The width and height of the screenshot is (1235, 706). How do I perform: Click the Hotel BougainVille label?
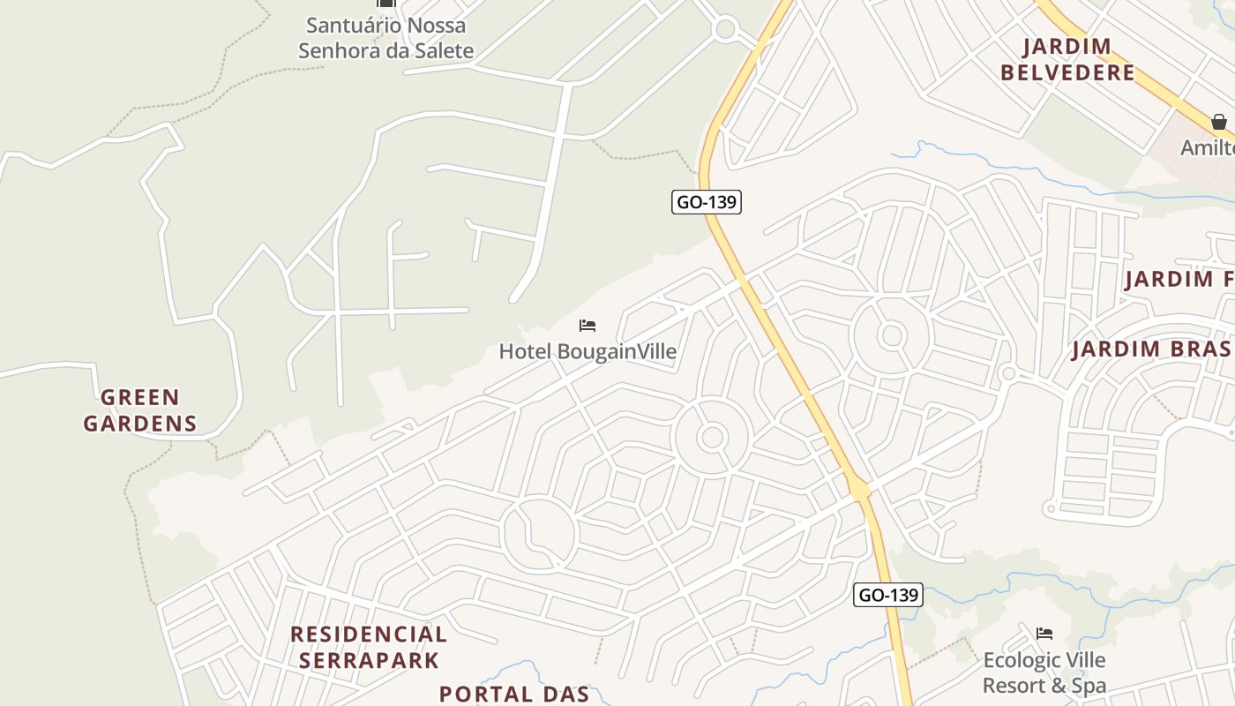coord(588,351)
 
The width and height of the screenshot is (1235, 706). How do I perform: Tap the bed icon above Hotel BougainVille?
coord(588,326)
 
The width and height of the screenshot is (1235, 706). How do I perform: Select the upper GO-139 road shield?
coord(706,202)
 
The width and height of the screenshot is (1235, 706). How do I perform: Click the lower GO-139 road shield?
coord(888,595)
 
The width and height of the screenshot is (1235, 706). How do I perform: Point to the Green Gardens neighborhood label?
coord(140,410)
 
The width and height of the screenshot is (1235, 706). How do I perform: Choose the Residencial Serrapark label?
coord(368,647)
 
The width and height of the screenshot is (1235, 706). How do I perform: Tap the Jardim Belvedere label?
coord(1067,59)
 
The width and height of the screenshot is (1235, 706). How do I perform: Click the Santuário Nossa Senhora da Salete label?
coord(385,38)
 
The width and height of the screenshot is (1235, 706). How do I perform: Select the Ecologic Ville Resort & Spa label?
coord(1044,672)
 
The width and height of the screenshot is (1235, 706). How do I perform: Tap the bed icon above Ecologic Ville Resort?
coord(1044,633)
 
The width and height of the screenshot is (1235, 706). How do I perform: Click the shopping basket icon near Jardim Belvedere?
coord(1218,121)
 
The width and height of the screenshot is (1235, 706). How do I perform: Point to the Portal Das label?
coord(514,694)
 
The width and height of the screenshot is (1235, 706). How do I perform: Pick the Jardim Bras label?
coord(1151,349)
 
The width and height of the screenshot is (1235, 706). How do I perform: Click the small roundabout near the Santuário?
coord(725,29)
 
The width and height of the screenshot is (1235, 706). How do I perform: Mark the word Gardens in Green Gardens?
coord(140,424)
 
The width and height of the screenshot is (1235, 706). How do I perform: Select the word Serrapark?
coord(368,660)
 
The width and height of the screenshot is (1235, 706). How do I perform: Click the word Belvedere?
coord(1067,72)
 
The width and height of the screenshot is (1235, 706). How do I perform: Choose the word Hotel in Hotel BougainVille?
coord(526,351)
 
